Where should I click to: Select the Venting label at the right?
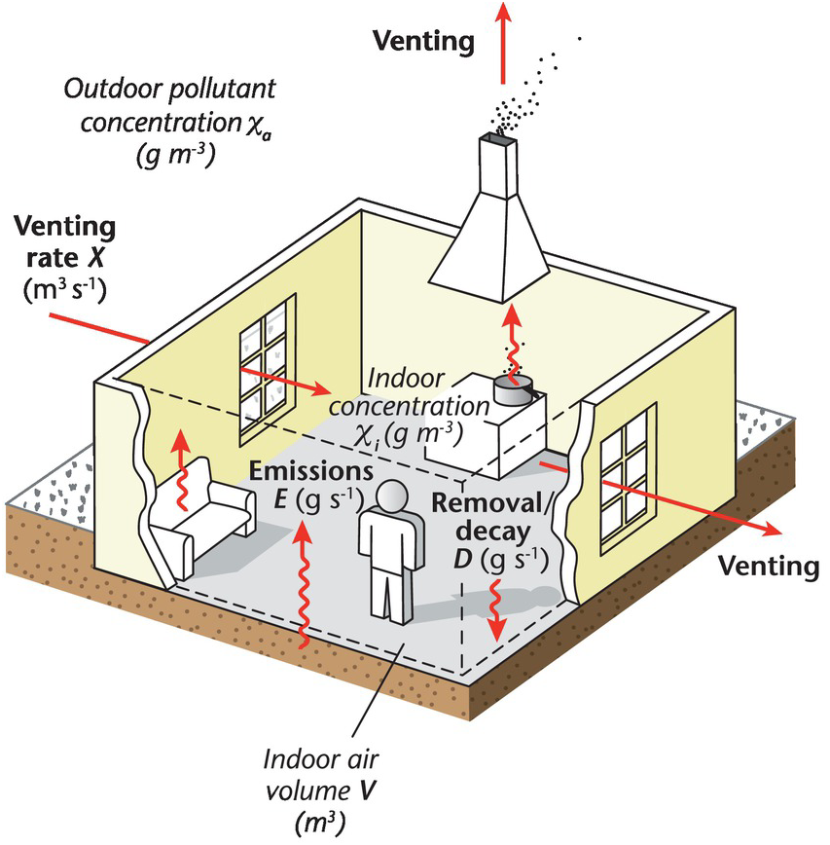tap(763, 566)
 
